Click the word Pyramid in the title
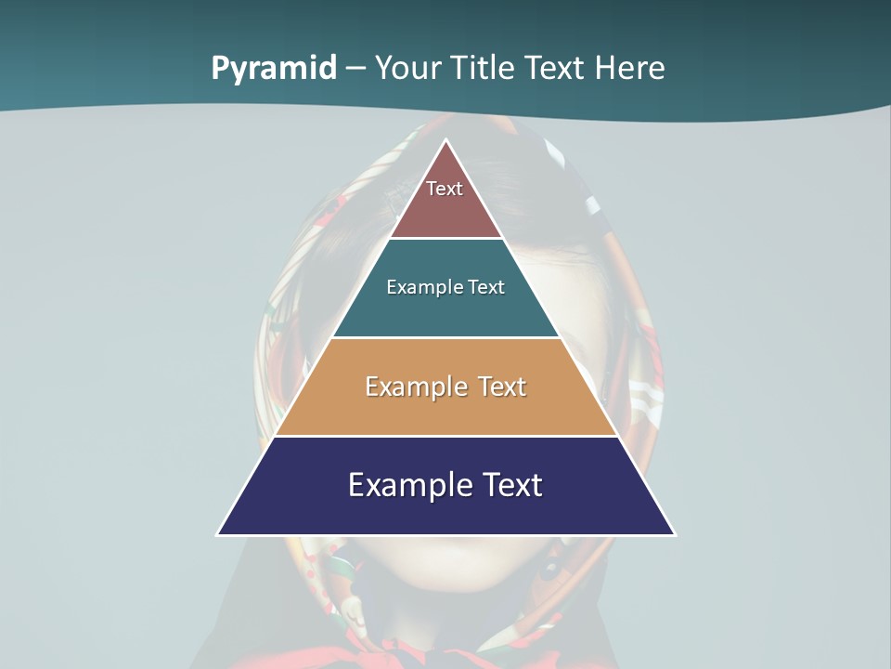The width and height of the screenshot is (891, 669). pyautogui.click(x=274, y=68)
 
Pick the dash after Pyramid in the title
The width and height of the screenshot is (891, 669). pyautogui.click(x=355, y=69)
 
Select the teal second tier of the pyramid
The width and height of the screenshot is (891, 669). pyautogui.click(x=445, y=311)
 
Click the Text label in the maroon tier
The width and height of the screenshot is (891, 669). pyautogui.click(x=445, y=189)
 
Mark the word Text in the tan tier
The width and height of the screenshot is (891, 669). pyautogui.click(x=502, y=387)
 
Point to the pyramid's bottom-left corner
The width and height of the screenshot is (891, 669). pyautogui.click(x=219, y=533)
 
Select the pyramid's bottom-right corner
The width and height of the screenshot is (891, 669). pyautogui.click(x=673, y=533)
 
